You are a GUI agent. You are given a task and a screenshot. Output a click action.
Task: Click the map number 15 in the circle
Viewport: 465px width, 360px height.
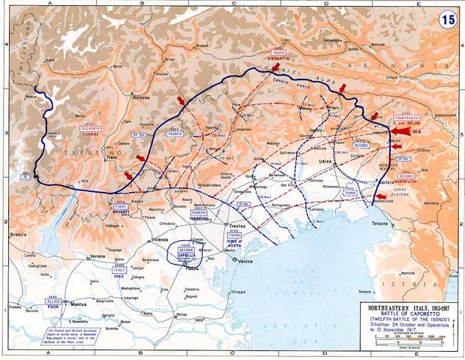coord(448,20)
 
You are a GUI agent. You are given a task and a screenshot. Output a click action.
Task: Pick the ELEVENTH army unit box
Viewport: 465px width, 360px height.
coord(91,129)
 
